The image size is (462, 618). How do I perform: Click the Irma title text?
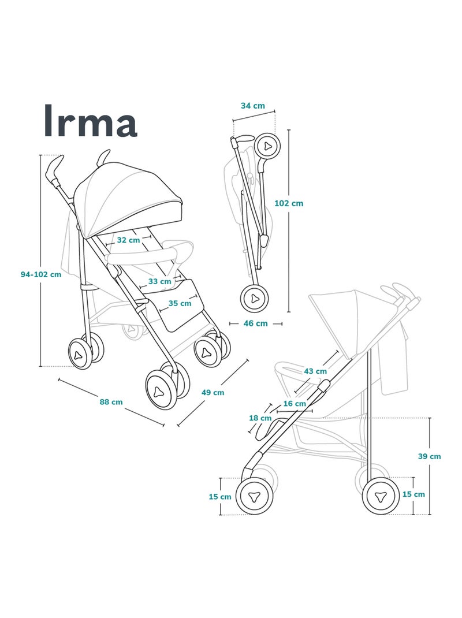(x=90, y=121)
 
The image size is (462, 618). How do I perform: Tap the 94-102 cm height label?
(x=40, y=275)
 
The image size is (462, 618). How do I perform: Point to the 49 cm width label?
(x=213, y=392)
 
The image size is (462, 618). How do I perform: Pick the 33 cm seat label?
(x=159, y=281)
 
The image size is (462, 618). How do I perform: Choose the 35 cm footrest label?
(x=180, y=303)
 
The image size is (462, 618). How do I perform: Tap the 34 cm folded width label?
(x=253, y=106)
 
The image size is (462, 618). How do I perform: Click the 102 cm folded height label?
(x=289, y=203)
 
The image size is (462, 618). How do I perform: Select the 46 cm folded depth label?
(x=255, y=323)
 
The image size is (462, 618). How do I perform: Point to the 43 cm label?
(x=315, y=371)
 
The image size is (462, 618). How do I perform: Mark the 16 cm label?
(x=295, y=404)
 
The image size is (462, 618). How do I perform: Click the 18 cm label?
(x=260, y=418)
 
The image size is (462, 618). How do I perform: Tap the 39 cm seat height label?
(x=429, y=456)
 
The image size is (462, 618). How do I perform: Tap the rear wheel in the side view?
(x=381, y=496)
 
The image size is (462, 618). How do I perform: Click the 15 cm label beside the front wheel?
(x=219, y=497)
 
